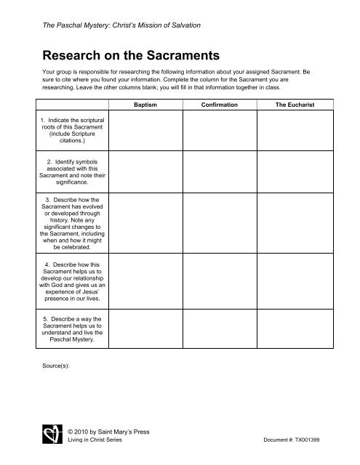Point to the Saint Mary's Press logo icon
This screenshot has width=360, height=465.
[x=49, y=436]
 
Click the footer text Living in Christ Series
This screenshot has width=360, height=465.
[x=95, y=441]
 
